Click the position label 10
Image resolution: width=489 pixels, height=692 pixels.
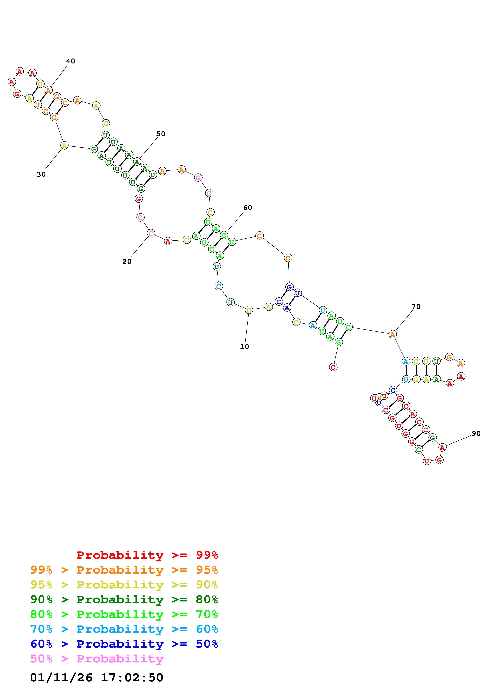[x=244, y=347]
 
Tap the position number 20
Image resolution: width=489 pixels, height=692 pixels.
[x=127, y=261]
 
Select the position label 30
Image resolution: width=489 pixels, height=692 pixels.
[x=41, y=174]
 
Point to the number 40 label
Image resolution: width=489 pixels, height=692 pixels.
[x=70, y=61]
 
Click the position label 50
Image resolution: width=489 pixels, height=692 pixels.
[x=161, y=134]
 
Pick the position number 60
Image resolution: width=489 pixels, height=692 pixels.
[x=247, y=208]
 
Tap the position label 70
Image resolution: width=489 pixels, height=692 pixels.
[x=416, y=307]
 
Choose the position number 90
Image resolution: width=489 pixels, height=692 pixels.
[x=476, y=433]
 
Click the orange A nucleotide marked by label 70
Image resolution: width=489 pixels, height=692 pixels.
[x=392, y=334]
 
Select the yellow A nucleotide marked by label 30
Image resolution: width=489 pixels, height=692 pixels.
[x=64, y=146]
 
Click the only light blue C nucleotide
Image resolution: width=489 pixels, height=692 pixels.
[x=218, y=286]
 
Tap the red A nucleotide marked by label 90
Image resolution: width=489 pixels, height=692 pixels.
[x=442, y=448]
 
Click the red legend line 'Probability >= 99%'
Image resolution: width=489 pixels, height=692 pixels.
[x=147, y=555]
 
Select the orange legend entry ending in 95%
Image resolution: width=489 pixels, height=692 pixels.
[x=124, y=570]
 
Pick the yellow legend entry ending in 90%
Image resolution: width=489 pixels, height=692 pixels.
[x=124, y=584]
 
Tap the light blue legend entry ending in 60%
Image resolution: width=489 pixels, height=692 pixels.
[x=124, y=629]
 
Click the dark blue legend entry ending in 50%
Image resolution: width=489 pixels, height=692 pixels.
[x=124, y=644]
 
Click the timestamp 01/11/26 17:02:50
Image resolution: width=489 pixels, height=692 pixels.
[x=96, y=678]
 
